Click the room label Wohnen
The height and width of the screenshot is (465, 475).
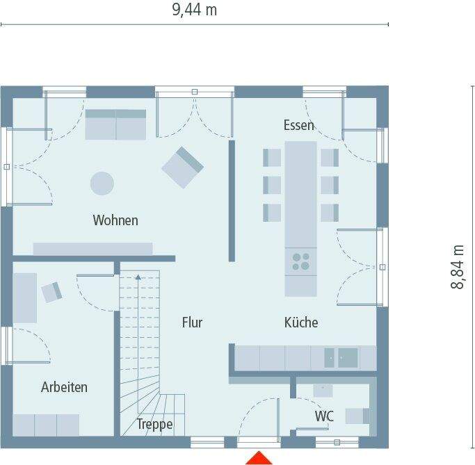[x=115, y=220]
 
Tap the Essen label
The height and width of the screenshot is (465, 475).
[x=298, y=125]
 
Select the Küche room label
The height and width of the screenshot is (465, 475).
[x=301, y=323]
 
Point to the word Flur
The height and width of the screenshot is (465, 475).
[x=192, y=323]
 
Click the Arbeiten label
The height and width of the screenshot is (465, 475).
[x=64, y=387]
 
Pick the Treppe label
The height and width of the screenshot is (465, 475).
[x=154, y=424]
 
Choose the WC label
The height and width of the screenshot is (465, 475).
[x=324, y=416]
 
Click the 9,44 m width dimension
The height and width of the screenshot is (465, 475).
[x=193, y=10]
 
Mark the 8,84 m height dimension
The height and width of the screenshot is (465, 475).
[x=458, y=267]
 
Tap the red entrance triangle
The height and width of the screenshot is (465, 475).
[x=259, y=457]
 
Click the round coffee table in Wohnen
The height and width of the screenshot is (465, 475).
[x=102, y=183]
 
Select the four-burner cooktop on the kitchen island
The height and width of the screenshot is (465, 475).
[x=301, y=261]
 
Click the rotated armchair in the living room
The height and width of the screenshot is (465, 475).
[x=182, y=167]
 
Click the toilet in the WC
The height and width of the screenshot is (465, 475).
[x=356, y=416]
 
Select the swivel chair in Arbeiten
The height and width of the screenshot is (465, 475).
[x=52, y=292]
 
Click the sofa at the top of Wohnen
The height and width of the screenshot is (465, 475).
[x=115, y=124]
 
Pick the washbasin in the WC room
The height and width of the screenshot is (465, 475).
[x=323, y=390]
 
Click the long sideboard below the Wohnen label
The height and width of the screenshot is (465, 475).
[x=92, y=249]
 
